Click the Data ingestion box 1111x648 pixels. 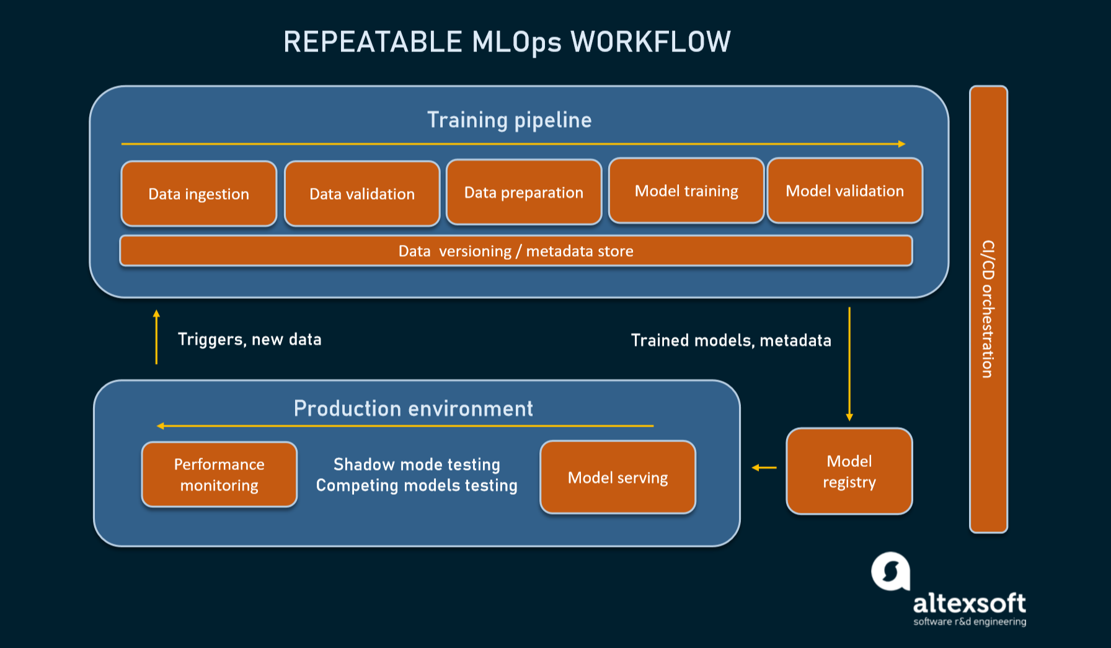198,194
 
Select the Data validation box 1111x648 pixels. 362,194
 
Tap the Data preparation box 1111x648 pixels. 524,192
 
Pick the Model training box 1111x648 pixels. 686,191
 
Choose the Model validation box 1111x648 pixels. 844,191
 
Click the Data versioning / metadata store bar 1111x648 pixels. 516,251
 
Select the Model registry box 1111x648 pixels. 849,471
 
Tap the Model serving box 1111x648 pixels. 617,477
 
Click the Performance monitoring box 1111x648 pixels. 219,475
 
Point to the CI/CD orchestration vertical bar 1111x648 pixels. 988,309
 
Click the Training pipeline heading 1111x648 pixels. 509,120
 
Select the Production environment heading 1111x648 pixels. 413,409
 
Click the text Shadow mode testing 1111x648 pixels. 417,464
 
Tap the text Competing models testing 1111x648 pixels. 417,486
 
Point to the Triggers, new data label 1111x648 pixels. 249,339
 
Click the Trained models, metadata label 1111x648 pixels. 730,340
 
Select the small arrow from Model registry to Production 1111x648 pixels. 764,468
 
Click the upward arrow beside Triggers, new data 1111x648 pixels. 156,337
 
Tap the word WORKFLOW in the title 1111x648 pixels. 650,42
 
